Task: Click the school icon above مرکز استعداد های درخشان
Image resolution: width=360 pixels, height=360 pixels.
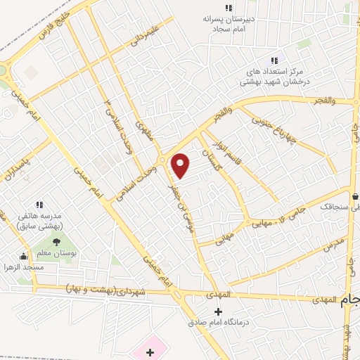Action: point(275,60)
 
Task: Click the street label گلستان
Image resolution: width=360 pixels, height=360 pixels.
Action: point(210,161)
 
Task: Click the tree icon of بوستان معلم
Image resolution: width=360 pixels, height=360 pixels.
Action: point(56,243)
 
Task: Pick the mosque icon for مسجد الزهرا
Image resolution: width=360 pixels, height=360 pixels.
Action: point(25,256)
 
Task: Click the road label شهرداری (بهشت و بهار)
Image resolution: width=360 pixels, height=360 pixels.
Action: point(105,290)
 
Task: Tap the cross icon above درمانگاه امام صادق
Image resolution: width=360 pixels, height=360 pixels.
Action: point(218,311)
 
